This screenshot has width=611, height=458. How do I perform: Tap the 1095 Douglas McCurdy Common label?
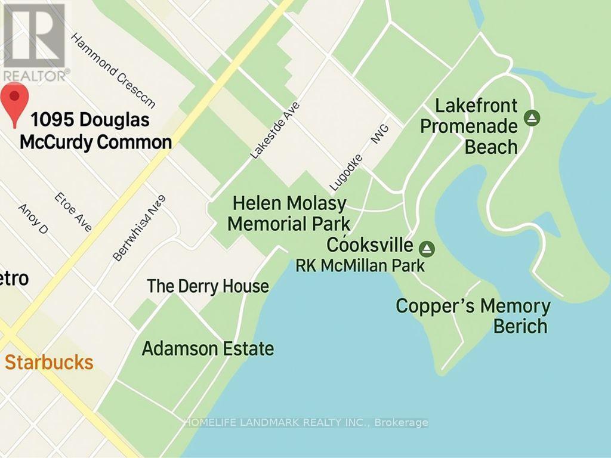[x=95, y=131]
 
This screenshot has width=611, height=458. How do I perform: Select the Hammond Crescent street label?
[x=113, y=70]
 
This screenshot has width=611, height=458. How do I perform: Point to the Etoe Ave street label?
[x=73, y=212]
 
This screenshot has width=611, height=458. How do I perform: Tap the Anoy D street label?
[x=33, y=219]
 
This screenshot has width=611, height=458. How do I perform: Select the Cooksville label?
[x=370, y=245]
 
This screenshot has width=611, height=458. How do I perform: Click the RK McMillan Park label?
[x=360, y=265]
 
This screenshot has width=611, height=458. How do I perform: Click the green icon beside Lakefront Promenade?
[x=532, y=117]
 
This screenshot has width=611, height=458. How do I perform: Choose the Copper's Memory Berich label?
[x=473, y=316]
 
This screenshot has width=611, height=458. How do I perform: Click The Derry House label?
[x=208, y=286]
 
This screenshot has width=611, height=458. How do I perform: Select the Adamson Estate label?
[x=208, y=348]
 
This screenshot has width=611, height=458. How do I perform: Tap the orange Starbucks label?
[x=49, y=362]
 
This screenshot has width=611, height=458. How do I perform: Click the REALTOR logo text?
[x=35, y=75]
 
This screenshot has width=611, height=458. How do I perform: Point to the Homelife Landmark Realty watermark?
[x=277, y=423]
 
